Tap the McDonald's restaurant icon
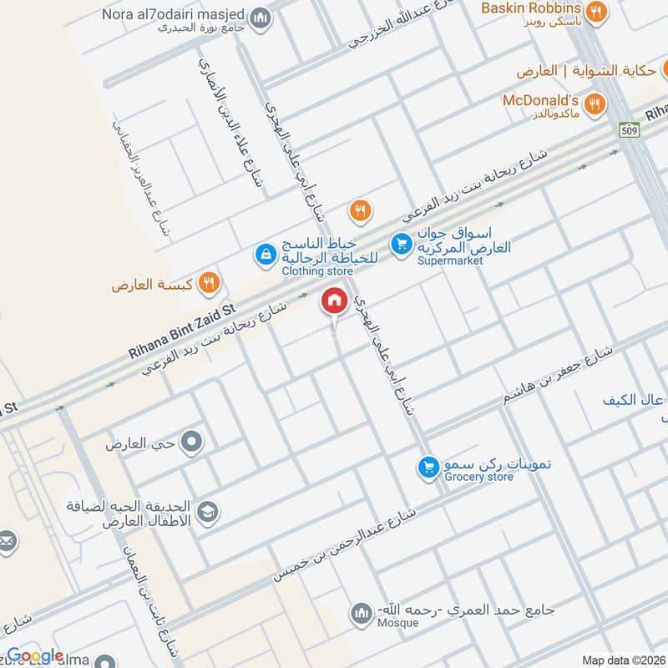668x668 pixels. coord(595,104)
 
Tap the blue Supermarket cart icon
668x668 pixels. coord(402,244)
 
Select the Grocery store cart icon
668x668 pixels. coord(429,468)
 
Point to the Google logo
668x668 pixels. coord(35,656)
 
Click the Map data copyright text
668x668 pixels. coord(623,660)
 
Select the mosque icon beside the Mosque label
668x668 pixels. coord(362,614)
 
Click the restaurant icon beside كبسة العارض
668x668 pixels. coord(210,284)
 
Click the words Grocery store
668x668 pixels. coord(478,477)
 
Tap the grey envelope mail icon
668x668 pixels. coord(7,541)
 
